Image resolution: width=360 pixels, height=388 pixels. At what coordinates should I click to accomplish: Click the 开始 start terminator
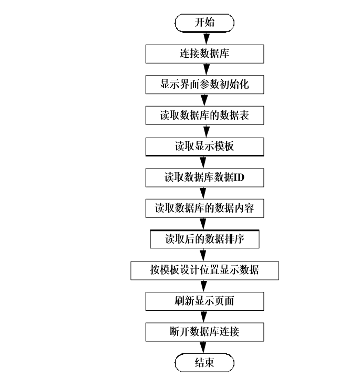[204, 23]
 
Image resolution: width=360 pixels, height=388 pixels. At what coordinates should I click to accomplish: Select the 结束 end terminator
[204, 363]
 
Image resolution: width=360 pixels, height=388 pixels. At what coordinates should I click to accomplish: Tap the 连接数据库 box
[204, 54]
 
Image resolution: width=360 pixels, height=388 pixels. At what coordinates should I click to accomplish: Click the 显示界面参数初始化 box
[204, 85]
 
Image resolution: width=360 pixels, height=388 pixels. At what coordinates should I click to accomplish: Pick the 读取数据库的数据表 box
[204, 116]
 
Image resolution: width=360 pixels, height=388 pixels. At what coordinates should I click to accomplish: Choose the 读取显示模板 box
[204, 146]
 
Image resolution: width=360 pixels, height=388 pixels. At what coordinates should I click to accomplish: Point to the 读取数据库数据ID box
[204, 177]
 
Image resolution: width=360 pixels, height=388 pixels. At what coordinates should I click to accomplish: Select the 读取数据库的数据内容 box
[204, 208]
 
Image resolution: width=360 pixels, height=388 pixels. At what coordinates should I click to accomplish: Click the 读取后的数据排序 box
[204, 239]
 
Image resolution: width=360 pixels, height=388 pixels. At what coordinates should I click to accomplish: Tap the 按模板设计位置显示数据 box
[204, 270]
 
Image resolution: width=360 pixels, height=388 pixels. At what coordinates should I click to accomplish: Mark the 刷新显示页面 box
[204, 301]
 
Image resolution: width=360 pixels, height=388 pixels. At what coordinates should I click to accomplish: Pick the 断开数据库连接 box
[204, 332]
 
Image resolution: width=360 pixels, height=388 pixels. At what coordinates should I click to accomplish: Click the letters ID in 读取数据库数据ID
[239, 177]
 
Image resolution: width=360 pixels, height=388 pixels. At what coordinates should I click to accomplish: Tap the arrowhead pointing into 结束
[204, 349]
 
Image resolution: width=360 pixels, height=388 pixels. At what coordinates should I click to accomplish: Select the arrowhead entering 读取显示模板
[204, 132]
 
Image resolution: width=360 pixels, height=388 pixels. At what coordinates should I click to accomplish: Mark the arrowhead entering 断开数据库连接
[204, 318]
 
